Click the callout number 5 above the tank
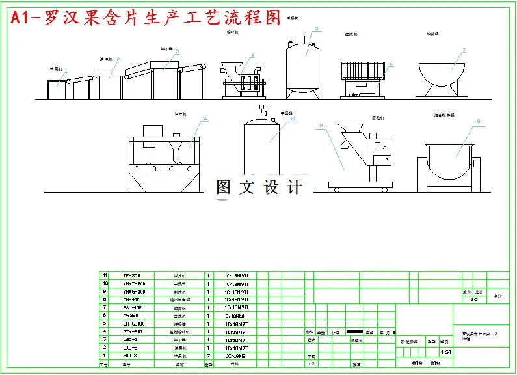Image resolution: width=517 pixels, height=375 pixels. [x=317, y=29]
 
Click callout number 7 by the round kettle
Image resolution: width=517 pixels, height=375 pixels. [x=464, y=50]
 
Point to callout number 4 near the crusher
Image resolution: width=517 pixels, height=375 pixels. [x=252, y=55]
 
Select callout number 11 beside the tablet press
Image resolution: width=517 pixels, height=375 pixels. [x=204, y=118]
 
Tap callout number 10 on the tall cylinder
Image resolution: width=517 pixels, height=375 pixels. [x=293, y=119]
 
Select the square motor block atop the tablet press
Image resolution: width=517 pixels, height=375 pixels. [x=153, y=130]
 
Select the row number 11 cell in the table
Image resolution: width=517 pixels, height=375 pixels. [x=104, y=275]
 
